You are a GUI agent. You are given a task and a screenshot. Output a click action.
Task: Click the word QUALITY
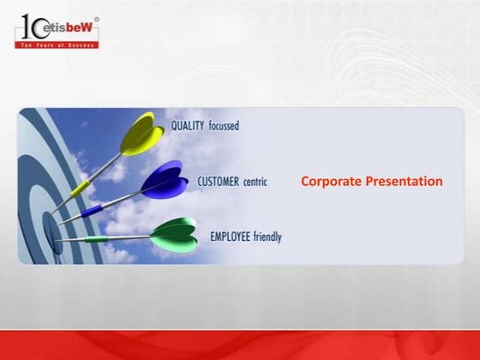pyautogui.click(x=188, y=125)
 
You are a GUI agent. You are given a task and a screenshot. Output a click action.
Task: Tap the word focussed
pyautogui.click(x=223, y=125)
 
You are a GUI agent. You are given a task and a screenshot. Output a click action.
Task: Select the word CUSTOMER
pyautogui.click(x=219, y=182)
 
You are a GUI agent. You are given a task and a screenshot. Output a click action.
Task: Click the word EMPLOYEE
pyautogui.click(x=231, y=236)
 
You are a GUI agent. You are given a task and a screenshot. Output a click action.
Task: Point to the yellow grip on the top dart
pyautogui.click(x=80, y=188)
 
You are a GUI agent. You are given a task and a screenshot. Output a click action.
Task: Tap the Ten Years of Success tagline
pyautogui.click(x=57, y=44)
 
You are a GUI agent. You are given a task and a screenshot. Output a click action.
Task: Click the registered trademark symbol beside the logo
pyautogui.click(x=97, y=19)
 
